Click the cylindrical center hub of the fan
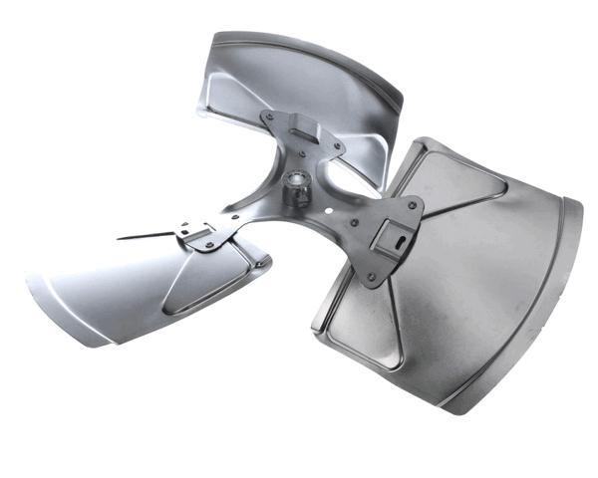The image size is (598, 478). [x=295, y=190]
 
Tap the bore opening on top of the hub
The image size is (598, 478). [x=296, y=180]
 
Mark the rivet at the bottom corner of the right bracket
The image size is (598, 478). [x=371, y=278]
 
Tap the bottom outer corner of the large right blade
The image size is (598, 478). [x=448, y=408]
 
